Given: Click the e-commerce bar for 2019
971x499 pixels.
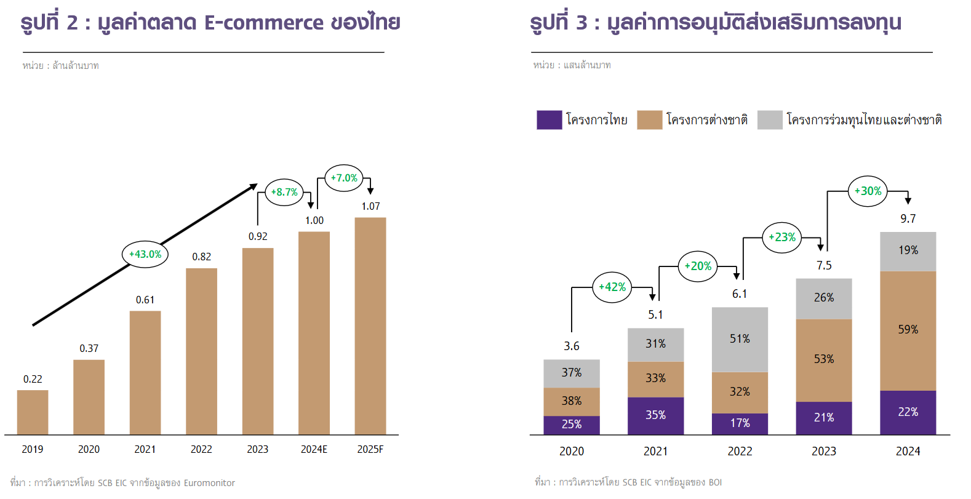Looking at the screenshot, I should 33,412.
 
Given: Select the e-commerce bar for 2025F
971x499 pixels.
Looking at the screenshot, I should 370,326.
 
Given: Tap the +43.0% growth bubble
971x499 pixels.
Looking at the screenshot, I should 145,254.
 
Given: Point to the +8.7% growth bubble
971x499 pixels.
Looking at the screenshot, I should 284,192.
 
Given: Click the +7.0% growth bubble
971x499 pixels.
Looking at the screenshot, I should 344,178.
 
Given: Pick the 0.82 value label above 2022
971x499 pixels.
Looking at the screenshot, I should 201,257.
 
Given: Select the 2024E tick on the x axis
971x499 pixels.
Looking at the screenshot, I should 314,449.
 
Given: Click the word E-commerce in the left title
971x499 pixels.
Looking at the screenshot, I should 263,23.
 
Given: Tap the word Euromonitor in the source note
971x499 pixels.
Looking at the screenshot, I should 209,483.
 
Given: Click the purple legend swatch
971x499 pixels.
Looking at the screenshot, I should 549,119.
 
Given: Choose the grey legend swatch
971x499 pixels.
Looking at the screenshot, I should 770,119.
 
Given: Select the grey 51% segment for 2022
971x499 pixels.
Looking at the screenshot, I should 740,339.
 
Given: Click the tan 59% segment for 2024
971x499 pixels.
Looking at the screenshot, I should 908,330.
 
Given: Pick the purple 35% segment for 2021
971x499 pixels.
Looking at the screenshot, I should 655,415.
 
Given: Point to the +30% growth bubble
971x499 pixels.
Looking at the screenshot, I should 868,191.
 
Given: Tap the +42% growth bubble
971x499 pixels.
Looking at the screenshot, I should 612,287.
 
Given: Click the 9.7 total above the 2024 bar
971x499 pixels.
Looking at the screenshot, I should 908,218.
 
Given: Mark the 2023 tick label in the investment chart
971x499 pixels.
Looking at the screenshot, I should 823,451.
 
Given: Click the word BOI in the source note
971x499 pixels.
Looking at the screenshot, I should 715,482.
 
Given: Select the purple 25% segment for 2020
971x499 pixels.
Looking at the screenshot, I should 571,425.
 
